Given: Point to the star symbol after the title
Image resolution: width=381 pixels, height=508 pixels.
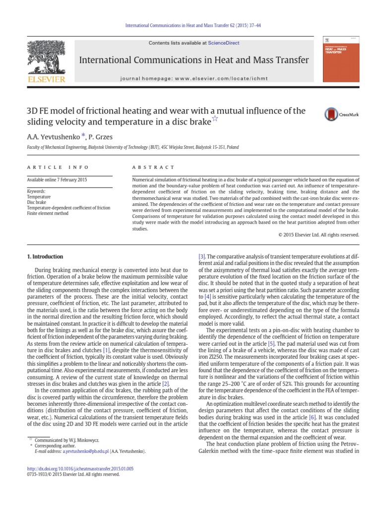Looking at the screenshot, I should [x=215, y=118].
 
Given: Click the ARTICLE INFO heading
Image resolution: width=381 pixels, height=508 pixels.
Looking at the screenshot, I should [x=58, y=168].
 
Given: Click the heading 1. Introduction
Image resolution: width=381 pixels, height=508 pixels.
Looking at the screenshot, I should [x=44, y=256].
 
